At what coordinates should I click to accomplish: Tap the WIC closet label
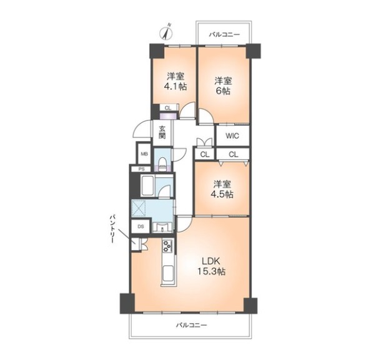point(232,136)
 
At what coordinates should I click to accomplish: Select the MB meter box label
point(144,154)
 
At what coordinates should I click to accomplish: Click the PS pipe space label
point(141,169)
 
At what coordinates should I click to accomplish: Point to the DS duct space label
point(141,226)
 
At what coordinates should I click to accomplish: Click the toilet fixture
point(162,163)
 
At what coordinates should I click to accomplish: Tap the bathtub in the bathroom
point(147,186)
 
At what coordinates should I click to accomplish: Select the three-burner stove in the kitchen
point(167,246)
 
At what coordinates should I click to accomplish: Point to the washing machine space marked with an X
point(139,208)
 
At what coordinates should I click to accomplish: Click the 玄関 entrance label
point(162,132)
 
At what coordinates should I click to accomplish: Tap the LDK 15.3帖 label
point(210,266)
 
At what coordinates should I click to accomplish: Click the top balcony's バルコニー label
point(224,34)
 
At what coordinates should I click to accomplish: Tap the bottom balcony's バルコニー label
point(191,325)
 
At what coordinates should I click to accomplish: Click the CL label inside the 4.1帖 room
point(167,108)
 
